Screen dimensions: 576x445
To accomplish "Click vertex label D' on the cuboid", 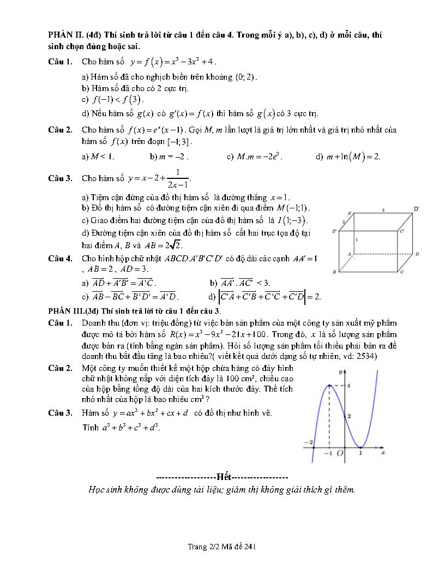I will point(416,209).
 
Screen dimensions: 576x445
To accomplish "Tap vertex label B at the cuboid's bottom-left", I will point(334,272).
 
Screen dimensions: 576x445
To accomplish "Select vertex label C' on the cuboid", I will point(402,231).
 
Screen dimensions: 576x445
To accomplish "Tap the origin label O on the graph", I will point(340,453).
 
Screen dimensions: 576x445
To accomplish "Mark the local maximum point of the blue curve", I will point(329,385).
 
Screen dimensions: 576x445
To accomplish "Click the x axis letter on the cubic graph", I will point(383,453).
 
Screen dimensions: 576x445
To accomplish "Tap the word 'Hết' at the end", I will point(223,476).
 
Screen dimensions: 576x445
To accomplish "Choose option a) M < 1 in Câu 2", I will point(98,157).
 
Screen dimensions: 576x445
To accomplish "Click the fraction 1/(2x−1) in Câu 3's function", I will point(179,178).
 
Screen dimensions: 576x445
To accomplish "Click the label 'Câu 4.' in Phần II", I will point(60,258).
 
